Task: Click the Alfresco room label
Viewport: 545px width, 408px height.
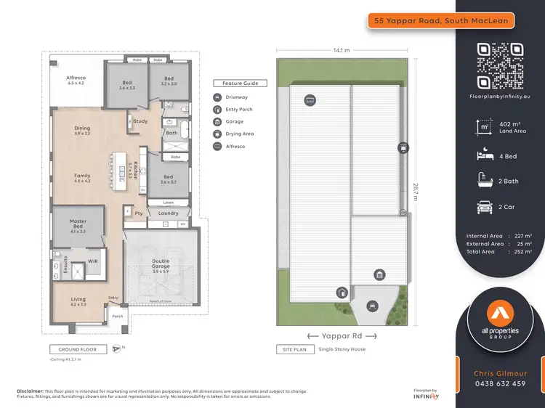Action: pos(76,81)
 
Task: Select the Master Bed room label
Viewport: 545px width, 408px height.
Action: pos(78,224)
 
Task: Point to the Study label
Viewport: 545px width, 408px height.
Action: pos(140,121)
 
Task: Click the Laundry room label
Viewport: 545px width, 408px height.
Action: pos(168,213)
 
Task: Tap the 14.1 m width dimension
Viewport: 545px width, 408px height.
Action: pos(342,50)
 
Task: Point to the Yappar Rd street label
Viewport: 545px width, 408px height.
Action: pos(342,335)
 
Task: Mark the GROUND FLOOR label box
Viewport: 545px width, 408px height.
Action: pos(78,349)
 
